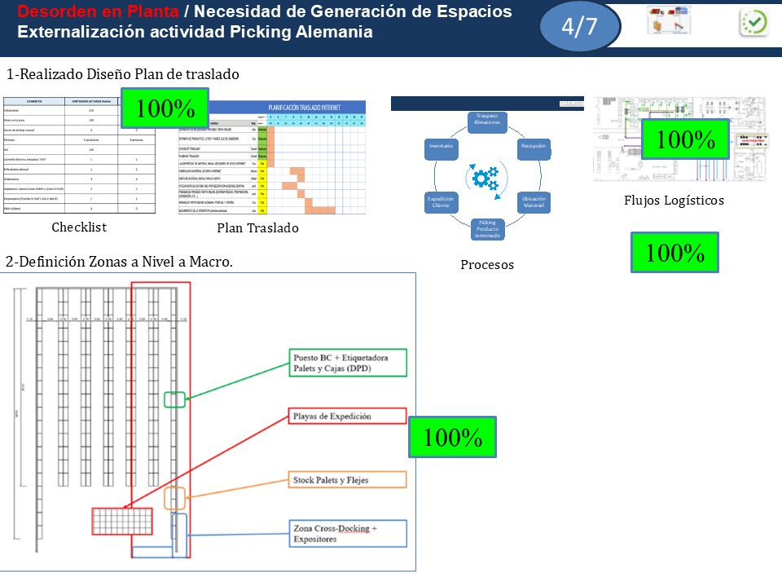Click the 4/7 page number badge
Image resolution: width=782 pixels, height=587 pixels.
coord(579,26)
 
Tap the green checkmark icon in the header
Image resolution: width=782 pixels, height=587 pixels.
coord(753,22)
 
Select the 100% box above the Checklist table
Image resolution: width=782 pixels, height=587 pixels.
coord(165,108)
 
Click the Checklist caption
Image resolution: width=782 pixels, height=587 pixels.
coord(79,227)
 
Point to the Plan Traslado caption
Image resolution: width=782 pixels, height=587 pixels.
coord(257,228)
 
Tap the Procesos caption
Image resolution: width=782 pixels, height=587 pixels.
coord(487,264)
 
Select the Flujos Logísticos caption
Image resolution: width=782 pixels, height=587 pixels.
coord(674,200)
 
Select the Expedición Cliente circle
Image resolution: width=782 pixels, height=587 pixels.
coord(442,201)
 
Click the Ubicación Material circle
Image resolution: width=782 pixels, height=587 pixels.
coord(534,201)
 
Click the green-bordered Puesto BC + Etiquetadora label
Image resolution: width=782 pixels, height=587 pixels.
coord(348,362)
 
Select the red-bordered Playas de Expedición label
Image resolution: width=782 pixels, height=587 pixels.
coord(348,416)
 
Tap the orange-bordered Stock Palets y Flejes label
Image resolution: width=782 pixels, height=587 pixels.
coord(348,480)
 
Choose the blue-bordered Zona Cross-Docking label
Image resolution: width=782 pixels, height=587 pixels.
coord(348,534)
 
